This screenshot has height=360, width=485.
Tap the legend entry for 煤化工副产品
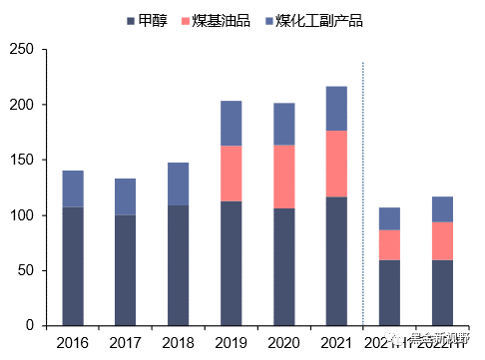(309, 20)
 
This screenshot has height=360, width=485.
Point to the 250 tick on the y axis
(20, 50)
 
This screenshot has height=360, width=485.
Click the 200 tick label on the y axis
(20, 105)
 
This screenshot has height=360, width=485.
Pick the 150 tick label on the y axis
(20, 160)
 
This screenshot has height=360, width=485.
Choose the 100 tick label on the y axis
(20, 215)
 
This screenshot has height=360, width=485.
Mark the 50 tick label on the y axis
(23, 270)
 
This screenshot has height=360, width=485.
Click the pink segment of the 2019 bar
(231, 174)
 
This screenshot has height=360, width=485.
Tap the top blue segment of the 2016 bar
(73, 188)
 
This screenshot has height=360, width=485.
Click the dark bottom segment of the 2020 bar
(284, 266)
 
